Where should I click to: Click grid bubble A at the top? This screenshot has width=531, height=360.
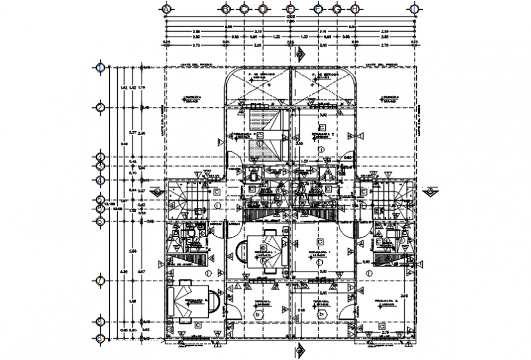click(x=167, y=9)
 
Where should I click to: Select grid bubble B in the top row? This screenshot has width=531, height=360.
click(x=226, y=9)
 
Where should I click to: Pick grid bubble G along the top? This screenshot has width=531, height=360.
click(x=337, y=9)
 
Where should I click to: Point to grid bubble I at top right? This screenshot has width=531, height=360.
click(x=414, y=9)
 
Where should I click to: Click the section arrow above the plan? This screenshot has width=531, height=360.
click(x=299, y=55)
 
